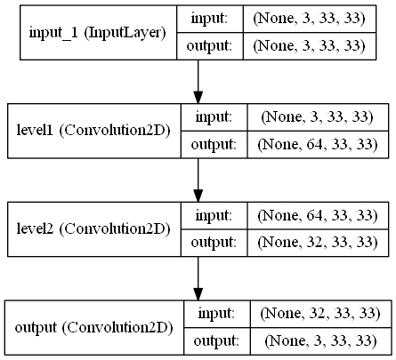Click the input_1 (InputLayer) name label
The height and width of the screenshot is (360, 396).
click(98, 33)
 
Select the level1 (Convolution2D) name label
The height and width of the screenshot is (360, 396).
click(93, 131)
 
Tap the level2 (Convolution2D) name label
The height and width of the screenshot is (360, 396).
click(93, 229)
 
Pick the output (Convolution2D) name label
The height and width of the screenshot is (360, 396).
click(94, 328)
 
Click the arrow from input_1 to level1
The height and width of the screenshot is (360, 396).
click(198, 82)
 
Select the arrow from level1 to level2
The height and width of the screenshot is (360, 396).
click(198, 180)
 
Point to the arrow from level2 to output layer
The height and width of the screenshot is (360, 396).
click(198, 278)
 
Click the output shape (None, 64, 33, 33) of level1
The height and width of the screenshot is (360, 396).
click(318, 145)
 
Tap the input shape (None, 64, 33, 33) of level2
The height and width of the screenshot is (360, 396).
click(318, 215)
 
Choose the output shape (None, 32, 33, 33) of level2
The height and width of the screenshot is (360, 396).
click(318, 243)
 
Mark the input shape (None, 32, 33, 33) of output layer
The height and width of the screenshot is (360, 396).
click(320, 314)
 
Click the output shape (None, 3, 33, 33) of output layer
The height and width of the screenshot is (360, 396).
click(320, 341)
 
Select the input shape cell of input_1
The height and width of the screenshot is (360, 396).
click(310, 19)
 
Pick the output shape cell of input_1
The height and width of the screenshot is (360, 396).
click(310, 46)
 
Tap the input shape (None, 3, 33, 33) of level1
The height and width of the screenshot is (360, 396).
click(318, 117)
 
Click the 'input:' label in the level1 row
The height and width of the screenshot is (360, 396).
click(214, 117)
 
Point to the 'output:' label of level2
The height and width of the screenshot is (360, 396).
click(214, 243)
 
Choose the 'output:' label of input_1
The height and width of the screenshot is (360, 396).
click(209, 46)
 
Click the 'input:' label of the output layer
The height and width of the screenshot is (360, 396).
click(216, 314)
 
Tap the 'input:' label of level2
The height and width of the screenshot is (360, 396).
click(214, 215)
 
